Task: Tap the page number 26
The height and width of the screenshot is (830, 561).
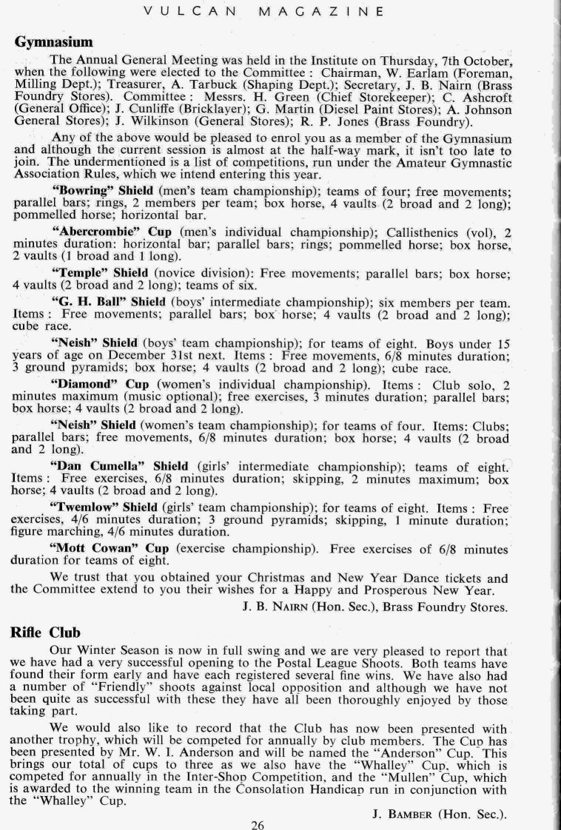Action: pyautogui.click(x=258, y=823)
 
